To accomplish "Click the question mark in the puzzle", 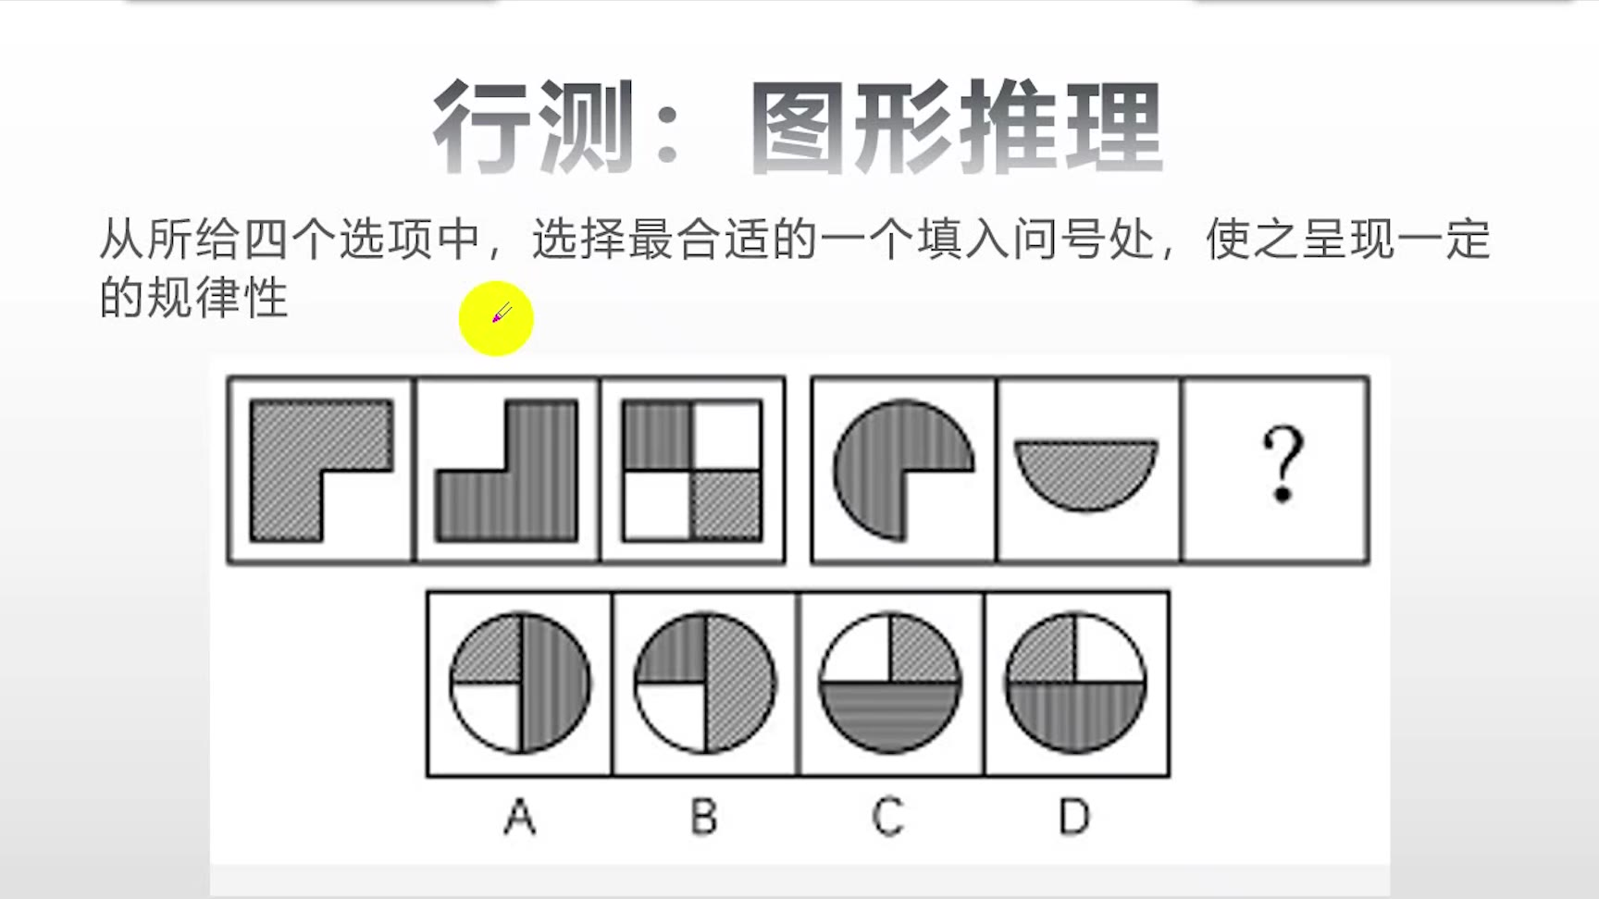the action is (x=1283, y=464).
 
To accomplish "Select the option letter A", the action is (x=519, y=818).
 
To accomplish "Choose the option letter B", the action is (x=704, y=818).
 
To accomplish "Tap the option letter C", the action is (x=888, y=818).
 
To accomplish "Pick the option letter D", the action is (x=1074, y=818).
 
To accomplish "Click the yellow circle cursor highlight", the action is (x=496, y=318).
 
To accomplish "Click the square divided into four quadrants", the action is (x=692, y=470).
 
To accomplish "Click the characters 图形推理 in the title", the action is (x=956, y=127).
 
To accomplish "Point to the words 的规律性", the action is (x=194, y=298).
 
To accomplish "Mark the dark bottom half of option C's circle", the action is (x=890, y=716).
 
